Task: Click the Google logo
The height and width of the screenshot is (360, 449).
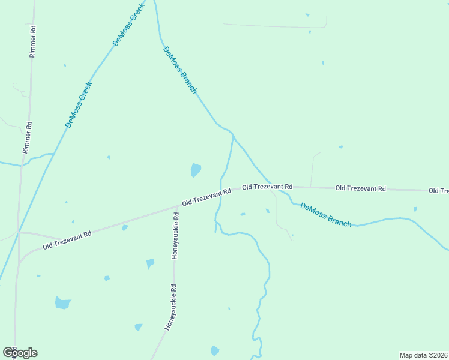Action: (20, 353)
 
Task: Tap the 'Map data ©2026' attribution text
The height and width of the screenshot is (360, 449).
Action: (423, 355)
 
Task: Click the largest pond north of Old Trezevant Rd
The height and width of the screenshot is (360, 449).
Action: (196, 170)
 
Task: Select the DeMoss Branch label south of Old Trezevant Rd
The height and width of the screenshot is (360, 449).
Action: (325, 215)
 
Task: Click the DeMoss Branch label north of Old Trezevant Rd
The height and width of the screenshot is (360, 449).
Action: (179, 70)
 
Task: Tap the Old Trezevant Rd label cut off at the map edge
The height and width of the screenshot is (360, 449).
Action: (438, 190)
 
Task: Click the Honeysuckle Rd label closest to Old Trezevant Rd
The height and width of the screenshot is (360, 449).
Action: (176, 235)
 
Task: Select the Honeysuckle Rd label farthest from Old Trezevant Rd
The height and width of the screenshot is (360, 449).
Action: (171, 307)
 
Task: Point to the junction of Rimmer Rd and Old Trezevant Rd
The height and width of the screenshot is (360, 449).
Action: (19, 232)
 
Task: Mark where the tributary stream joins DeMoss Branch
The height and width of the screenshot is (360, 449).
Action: (233, 136)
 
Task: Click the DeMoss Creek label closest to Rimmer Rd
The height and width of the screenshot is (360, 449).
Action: (79, 104)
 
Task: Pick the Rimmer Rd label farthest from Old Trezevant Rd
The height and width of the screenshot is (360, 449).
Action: (33, 41)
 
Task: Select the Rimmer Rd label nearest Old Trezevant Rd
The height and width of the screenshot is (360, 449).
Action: (27, 137)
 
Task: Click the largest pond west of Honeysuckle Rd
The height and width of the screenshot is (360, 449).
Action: (62, 302)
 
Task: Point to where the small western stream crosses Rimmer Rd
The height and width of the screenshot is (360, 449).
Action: (22, 163)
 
